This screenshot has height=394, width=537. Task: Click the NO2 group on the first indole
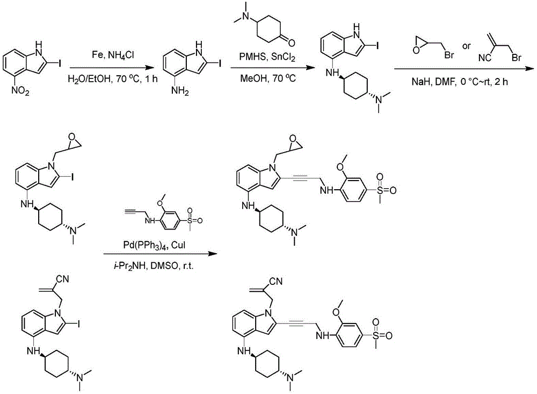coord(20,91)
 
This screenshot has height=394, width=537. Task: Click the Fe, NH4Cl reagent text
coord(113,55)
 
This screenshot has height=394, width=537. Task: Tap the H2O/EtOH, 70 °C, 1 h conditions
coord(113,79)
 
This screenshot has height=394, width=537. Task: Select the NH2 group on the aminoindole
coord(180,91)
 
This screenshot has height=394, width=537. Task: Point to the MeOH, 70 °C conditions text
coord(267,78)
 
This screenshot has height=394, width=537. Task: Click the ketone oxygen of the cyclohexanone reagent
coord(291,42)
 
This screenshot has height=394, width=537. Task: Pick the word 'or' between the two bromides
coord(467,46)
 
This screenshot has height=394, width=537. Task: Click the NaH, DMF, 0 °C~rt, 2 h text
coord(460,82)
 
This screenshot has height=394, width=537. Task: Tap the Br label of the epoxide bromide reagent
coord(449,55)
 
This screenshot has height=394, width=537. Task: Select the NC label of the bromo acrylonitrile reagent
coord(484,58)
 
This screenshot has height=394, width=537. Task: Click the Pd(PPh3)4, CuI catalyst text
coord(155,245)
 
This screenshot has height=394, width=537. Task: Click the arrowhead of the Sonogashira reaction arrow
coord(214,254)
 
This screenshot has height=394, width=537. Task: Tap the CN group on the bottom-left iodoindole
coord(62,279)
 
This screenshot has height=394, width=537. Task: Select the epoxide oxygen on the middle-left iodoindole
coord(71,137)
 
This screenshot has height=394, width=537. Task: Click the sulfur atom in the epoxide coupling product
coord(380,190)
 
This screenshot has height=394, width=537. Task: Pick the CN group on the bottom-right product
coord(276,282)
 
